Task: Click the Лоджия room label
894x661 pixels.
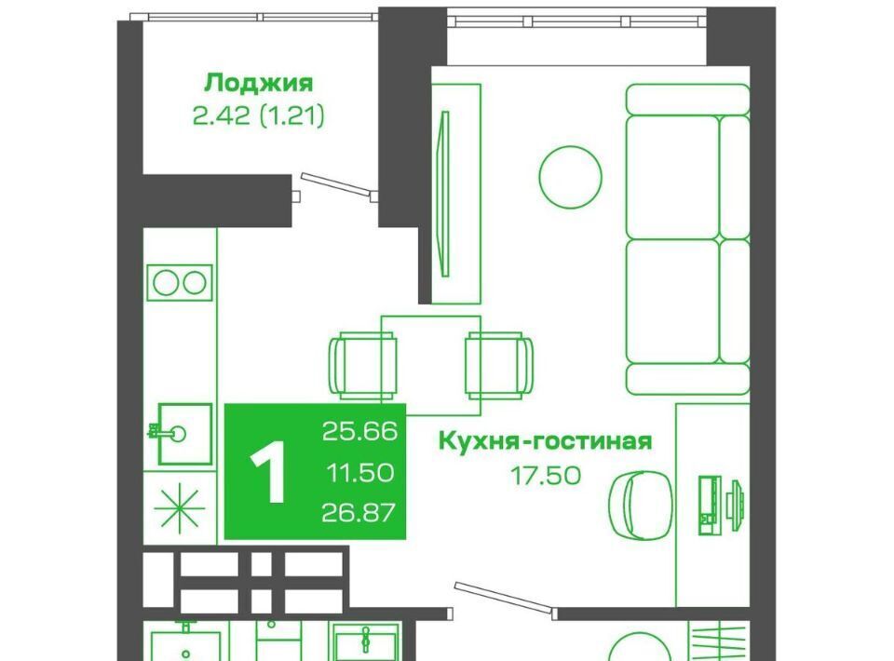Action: [x=259, y=83]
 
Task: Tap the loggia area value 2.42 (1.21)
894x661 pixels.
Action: [x=259, y=116]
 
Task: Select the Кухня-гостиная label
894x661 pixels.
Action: [x=545, y=441]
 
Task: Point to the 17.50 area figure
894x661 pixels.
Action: [x=546, y=475]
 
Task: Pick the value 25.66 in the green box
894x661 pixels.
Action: [x=359, y=431]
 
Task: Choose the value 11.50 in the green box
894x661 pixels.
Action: [x=359, y=472]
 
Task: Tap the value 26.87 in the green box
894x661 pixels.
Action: [x=359, y=513]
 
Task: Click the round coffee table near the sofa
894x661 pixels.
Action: [x=570, y=177]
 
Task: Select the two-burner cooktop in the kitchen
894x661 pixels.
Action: [x=180, y=283]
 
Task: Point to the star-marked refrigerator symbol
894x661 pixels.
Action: [x=180, y=506]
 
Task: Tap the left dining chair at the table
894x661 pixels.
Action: [x=363, y=365]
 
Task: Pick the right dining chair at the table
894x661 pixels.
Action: [x=499, y=365]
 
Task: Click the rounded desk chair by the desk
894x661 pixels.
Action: [x=641, y=506]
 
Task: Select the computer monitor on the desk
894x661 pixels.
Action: [x=737, y=500]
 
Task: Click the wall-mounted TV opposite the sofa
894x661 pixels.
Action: [x=445, y=194]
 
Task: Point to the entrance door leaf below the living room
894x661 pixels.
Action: [x=503, y=596]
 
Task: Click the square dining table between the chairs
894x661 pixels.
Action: [x=431, y=365]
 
